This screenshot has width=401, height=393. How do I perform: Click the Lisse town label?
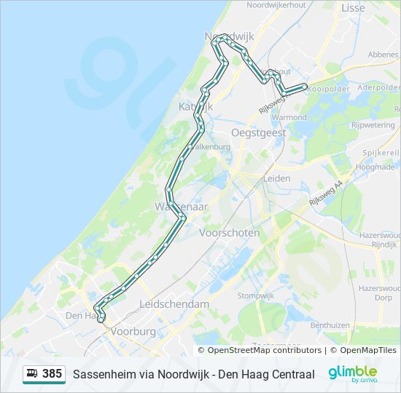[x=353, y=8]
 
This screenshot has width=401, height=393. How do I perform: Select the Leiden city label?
[x=276, y=178]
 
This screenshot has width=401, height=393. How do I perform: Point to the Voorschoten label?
[x=229, y=233]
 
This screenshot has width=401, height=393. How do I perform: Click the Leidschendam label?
[x=174, y=304]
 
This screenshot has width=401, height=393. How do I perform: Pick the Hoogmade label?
[x=376, y=167]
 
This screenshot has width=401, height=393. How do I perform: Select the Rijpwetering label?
[x=373, y=125]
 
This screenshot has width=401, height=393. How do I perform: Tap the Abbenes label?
[x=383, y=55]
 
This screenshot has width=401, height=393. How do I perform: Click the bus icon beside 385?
[x=32, y=374]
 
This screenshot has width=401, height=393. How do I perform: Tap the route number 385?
[x=52, y=374]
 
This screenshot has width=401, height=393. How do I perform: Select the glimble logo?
[x=352, y=373]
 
